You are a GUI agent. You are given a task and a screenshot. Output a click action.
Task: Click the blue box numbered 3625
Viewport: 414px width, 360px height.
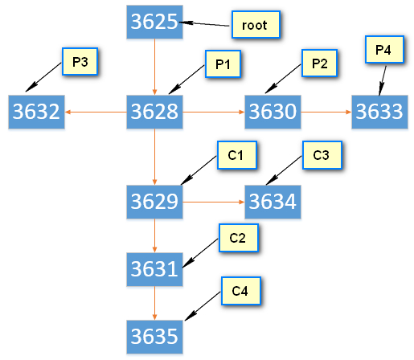point(154,22)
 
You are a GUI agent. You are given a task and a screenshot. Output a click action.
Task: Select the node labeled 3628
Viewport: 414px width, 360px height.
point(154,112)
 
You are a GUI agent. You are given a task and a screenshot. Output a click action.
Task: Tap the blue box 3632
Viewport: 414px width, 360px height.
point(36,112)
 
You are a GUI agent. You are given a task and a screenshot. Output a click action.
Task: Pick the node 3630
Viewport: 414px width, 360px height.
point(273,112)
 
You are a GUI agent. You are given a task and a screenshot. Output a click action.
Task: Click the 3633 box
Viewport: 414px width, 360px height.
point(379,112)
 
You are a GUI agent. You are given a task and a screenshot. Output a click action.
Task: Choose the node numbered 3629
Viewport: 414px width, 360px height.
point(154,202)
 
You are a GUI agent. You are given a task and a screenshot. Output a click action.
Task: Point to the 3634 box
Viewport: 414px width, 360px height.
point(273,202)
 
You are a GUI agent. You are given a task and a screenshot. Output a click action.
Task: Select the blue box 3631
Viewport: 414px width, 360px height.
point(154,269)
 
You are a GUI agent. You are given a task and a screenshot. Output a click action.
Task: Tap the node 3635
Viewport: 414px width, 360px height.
point(154,337)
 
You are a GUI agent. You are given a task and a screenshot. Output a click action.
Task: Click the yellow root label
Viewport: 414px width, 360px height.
point(256,24)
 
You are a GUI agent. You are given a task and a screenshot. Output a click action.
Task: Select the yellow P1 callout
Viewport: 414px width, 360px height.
point(223,63)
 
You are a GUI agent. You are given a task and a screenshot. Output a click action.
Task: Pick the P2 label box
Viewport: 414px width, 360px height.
point(319,63)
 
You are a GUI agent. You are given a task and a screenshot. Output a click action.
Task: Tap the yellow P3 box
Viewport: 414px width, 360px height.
point(80,61)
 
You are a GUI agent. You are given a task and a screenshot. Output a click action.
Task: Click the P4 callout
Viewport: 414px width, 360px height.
point(384,49)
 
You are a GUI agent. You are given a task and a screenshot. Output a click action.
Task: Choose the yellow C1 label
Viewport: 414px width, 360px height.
point(237,155)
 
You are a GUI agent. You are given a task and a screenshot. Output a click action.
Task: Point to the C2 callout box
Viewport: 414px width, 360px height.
point(239,238)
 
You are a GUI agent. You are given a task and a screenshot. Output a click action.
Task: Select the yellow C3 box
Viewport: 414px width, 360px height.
point(322,155)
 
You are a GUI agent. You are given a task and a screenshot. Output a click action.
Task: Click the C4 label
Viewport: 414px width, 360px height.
point(241,291)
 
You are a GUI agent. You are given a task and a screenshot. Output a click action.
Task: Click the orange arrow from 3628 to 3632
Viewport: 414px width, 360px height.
point(96,112)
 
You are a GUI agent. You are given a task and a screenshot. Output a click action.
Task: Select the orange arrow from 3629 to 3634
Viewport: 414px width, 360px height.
point(214,202)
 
